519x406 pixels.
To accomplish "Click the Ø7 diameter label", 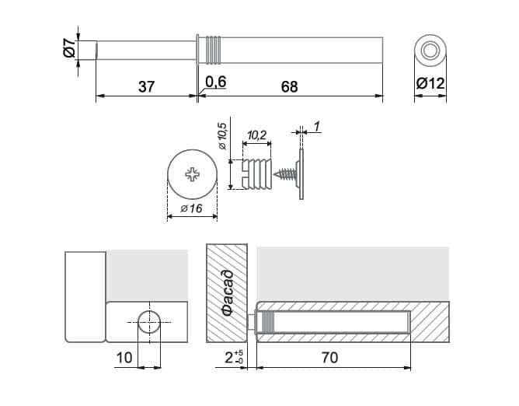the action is tap(69, 47).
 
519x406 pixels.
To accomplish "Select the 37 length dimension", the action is tap(146, 87).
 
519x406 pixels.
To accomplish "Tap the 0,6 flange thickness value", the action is tap(215, 82).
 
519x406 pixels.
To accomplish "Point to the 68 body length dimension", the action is tap(290, 87).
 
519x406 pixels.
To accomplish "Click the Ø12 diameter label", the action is tap(430, 83).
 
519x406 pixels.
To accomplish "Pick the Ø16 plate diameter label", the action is tap(192, 208).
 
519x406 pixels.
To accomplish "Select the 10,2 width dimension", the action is tap(257, 135).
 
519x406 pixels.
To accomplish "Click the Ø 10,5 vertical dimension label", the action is tap(222, 136).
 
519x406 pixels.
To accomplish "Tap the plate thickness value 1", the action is tap(316, 126).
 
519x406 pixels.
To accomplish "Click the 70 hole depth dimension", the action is tap(329, 358).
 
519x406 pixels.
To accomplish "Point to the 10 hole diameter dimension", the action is tap(124, 358).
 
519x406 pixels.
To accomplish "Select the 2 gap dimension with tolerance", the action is tap(234, 357).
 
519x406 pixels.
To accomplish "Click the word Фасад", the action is tap(228, 293).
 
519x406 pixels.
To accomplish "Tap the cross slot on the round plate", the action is tap(193, 174).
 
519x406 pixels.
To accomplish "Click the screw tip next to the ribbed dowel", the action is tap(275, 174).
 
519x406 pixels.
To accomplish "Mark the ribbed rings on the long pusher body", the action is tap(214, 50).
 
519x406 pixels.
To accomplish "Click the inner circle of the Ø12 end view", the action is tap(430, 51).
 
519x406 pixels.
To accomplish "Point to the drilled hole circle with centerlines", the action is tap(150, 322).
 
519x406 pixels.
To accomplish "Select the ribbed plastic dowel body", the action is tap(257, 174).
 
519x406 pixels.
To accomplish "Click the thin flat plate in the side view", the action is tap(301, 174).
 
